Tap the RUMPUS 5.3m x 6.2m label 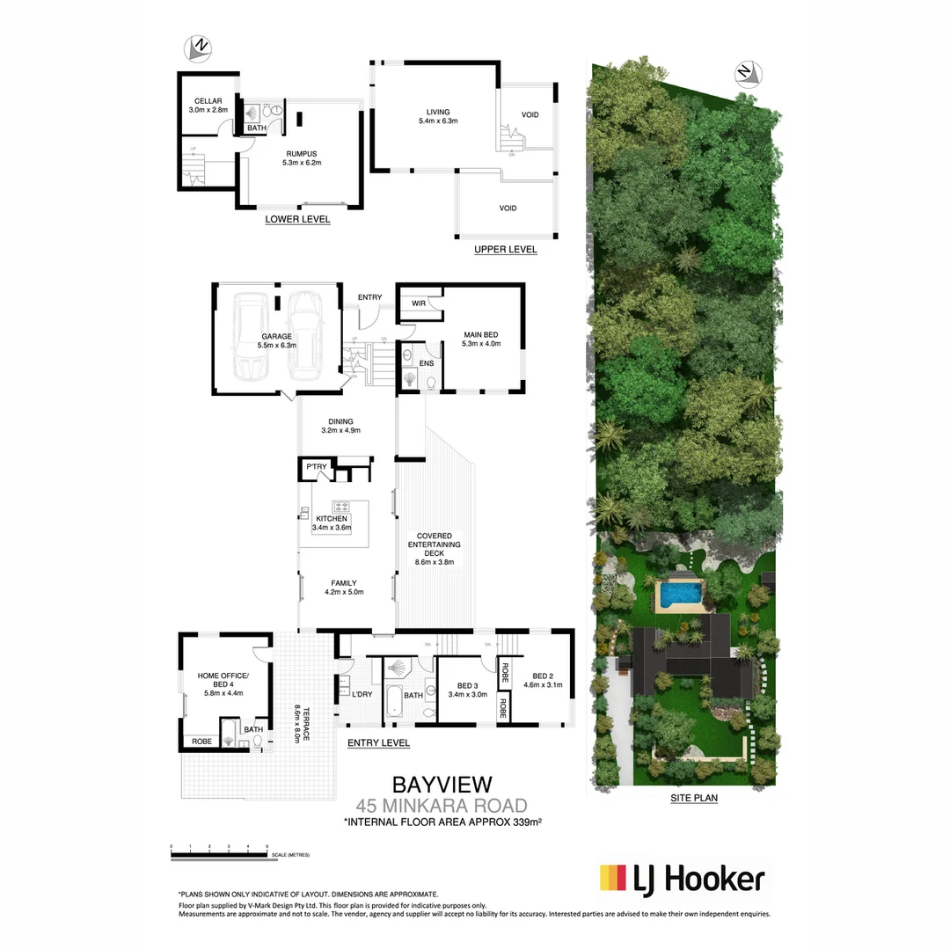coord(302,158)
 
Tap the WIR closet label coord(418,303)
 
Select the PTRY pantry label coord(316,467)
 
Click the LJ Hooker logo coord(682,878)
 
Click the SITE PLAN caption coord(694,799)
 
